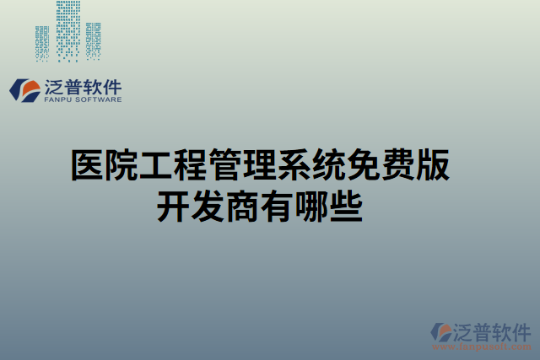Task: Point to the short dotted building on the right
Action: [x=93, y=42]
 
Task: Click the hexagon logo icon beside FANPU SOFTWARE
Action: [x=24, y=90]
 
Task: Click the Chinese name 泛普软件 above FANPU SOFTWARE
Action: [x=81, y=85]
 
